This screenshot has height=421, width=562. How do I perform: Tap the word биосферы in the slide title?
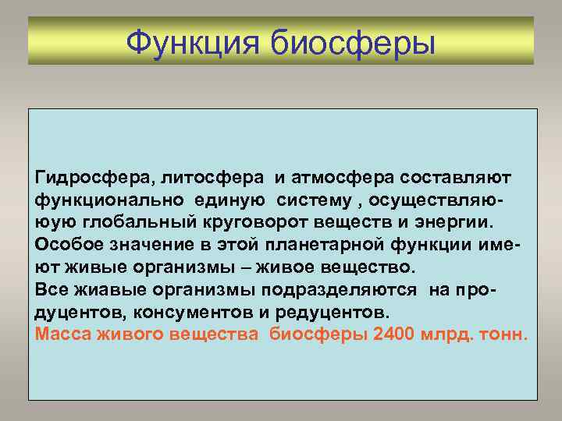pos(353,41)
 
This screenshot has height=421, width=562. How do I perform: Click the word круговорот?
pos(248,224)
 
